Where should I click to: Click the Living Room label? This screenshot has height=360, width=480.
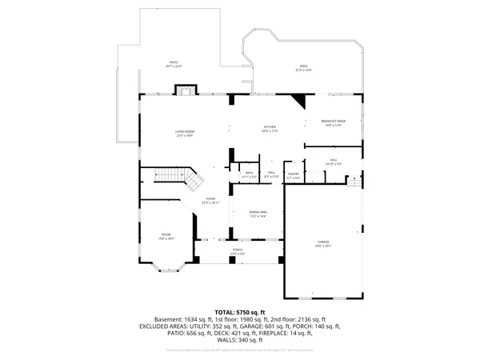pos(186,134)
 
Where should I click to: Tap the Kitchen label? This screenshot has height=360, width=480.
pos(270,129)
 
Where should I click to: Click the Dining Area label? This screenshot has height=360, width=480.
pos(257,214)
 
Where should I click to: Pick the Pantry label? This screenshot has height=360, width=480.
pos(294,175)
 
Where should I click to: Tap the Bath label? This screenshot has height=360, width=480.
pos(249,174)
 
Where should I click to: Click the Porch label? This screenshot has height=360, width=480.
pos(238,251)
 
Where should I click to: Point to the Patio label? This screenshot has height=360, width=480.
pos(174,64)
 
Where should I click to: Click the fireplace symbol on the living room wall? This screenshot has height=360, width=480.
pos(186,90)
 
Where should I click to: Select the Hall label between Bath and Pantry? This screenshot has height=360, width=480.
pos(272,174)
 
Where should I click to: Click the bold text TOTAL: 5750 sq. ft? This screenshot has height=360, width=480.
pos(239,311)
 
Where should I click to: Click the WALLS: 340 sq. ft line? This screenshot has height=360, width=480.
pos(239,342)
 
